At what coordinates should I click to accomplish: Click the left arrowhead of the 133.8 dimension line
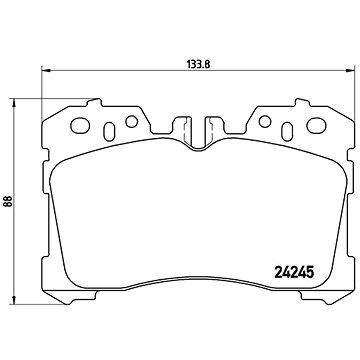[43, 70]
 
